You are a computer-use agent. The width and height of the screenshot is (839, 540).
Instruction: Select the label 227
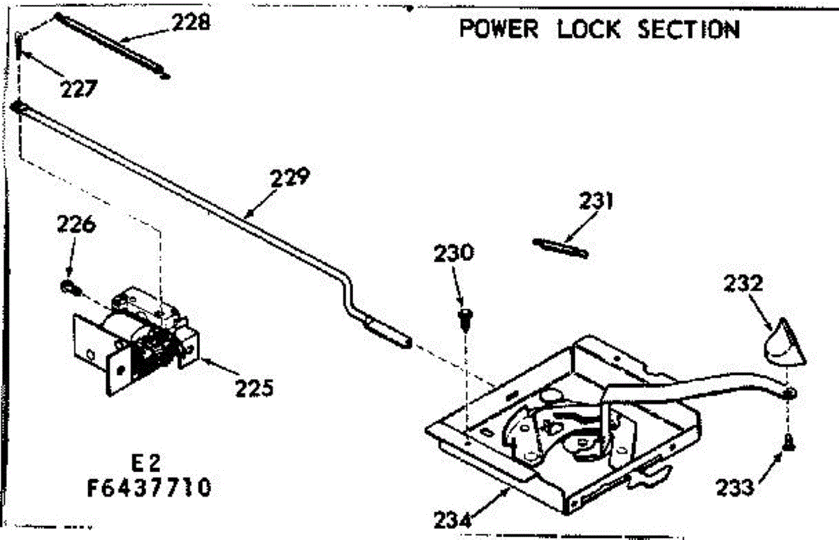pyautogui.click(x=78, y=89)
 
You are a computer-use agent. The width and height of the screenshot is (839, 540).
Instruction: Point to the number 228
pyautogui.click(x=191, y=22)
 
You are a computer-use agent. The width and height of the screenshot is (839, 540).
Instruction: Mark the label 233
pyautogui.click(x=736, y=486)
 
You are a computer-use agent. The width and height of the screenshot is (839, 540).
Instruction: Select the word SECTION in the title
pyautogui.click(x=689, y=30)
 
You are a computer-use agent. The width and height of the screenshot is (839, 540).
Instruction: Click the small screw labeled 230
pyautogui.click(x=464, y=318)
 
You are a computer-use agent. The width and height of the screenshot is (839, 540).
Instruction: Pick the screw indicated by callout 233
pyautogui.click(x=788, y=443)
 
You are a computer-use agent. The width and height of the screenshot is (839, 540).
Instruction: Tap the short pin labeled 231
pyautogui.click(x=560, y=248)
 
